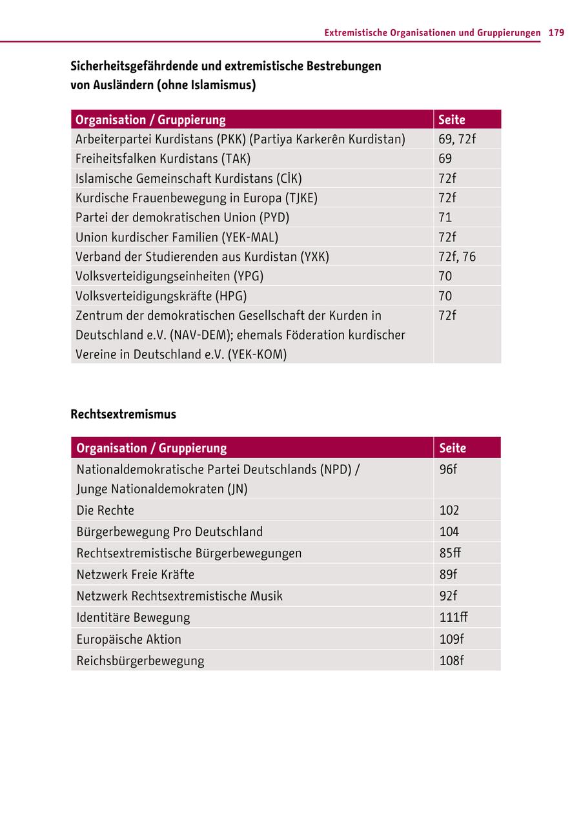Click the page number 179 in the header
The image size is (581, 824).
click(556, 32)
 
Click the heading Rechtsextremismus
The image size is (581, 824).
click(123, 414)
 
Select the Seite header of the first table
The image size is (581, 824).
click(452, 119)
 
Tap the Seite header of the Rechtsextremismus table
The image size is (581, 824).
click(453, 448)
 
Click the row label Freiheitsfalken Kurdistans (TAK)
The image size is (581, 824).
click(163, 158)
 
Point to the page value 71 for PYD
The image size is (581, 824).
click(445, 217)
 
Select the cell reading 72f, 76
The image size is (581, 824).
click(457, 256)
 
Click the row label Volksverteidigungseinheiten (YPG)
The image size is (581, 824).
click(170, 276)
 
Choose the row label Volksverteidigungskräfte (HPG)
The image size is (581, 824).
click(161, 296)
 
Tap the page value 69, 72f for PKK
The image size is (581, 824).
click(457, 139)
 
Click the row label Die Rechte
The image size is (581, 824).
click(105, 510)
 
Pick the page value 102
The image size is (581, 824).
click(449, 510)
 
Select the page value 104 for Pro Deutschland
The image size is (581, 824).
click(449, 531)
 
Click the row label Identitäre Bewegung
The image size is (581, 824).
click(133, 617)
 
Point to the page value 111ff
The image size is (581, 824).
click(454, 617)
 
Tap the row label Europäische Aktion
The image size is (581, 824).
click(129, 639)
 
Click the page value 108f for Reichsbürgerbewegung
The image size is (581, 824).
click(452, 661)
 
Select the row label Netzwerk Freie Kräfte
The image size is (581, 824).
click(136, 574)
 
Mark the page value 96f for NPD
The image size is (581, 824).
click(448, 469)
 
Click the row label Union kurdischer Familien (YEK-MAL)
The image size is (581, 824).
click(177, 237)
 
